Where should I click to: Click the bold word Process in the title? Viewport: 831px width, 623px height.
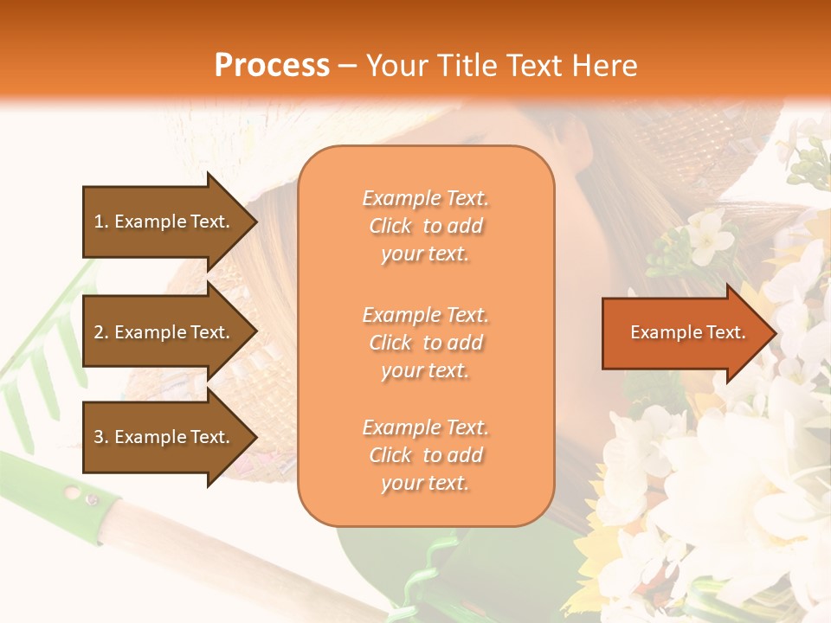click(272, 66)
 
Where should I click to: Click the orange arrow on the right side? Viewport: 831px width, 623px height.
click(684, 333)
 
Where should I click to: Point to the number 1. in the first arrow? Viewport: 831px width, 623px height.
click(100, 222)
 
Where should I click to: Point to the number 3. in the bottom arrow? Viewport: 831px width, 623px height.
click(100, 437)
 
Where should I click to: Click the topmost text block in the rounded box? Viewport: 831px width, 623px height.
click(425, 226)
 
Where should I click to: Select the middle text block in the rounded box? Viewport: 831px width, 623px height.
click(425, 343)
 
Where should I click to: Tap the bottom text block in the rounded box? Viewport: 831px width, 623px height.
click(425, 455)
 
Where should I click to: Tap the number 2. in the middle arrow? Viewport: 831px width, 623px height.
click(100, 332)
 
